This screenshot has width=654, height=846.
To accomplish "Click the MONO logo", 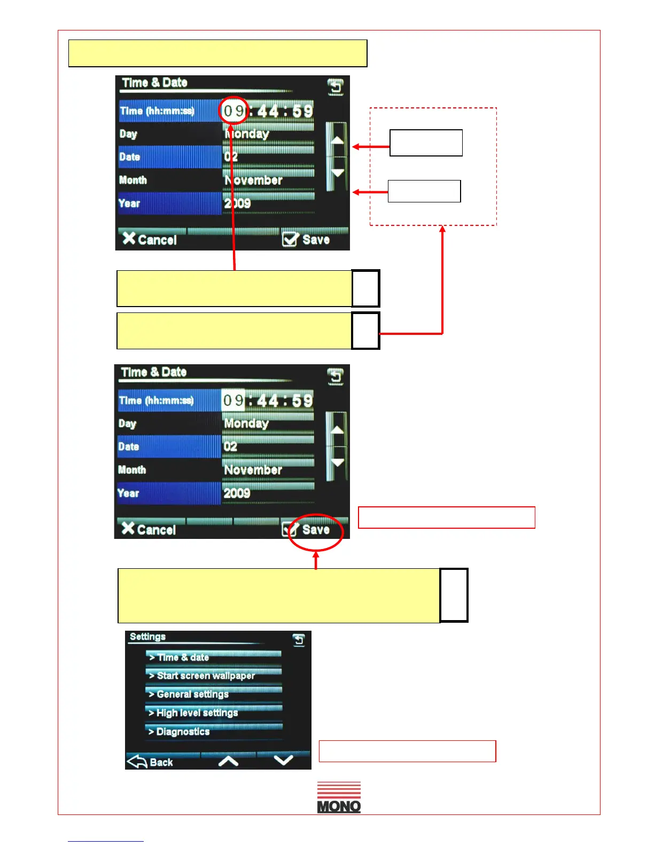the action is point(339,797).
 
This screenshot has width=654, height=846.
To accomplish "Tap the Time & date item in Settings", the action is point(214,657).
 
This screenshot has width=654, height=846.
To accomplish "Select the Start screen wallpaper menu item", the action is point(214,676).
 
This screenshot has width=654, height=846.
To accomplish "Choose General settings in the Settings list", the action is point(214,694).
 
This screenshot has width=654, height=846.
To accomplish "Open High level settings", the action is point(214,713).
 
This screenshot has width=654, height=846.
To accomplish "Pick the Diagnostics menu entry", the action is point(214,732).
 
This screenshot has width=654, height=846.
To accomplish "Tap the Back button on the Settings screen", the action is point(151,762).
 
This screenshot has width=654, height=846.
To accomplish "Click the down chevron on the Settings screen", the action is point(283,761).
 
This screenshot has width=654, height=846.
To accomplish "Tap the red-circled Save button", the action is point(315,530).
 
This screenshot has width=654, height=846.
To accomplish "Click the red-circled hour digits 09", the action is point(233,112).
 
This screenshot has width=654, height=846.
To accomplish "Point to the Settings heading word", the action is point(147,637).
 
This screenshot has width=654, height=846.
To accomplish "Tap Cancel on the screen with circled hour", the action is point(150,240).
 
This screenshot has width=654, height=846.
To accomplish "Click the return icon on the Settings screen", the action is point(299,640).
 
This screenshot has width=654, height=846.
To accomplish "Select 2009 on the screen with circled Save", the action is point(237,493).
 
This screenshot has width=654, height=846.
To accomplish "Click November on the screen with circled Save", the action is point(253,470).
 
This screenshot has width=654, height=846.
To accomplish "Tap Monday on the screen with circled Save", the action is point(246,424).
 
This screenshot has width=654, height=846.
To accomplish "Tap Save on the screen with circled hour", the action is point(307,240).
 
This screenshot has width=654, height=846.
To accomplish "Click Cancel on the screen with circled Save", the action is point(149,529).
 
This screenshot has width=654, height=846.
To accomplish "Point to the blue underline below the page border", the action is point(105,841).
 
